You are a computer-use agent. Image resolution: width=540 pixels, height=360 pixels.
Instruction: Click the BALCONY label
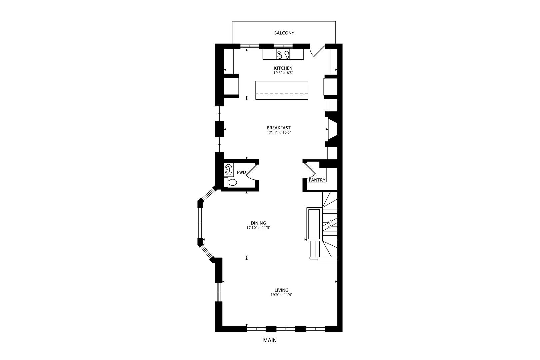coord(284,33)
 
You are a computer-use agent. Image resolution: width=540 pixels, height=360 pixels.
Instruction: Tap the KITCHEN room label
coord(283,68)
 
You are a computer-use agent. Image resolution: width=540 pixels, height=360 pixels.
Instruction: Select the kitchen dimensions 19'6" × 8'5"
coord(283,73)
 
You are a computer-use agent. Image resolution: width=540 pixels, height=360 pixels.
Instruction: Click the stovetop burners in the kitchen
coord(283,54)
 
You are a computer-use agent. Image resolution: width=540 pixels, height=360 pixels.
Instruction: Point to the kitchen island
coord(282,90)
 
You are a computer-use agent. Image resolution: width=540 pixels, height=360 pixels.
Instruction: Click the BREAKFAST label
coord(279,128)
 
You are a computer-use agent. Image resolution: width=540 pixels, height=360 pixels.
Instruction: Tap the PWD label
coord(241,172)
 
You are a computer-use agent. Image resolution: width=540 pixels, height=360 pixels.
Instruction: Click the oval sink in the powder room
coord(228,170)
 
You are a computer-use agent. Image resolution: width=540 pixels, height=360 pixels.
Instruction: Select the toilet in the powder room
coord(232,182)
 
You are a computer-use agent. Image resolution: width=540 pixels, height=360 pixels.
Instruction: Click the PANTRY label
coord(317,180)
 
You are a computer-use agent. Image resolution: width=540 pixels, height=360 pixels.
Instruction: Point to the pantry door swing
coord(310,170)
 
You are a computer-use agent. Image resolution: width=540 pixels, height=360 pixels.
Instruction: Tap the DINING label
coord(258,223)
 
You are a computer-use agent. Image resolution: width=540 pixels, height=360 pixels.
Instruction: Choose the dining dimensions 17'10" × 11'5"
coord(258,228)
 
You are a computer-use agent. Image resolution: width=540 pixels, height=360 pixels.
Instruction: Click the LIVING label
coord(281,290)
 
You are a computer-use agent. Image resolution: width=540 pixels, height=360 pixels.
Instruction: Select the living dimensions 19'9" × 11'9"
coord(281,295)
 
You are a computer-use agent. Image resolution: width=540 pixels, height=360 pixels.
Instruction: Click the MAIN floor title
coord(270,340)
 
